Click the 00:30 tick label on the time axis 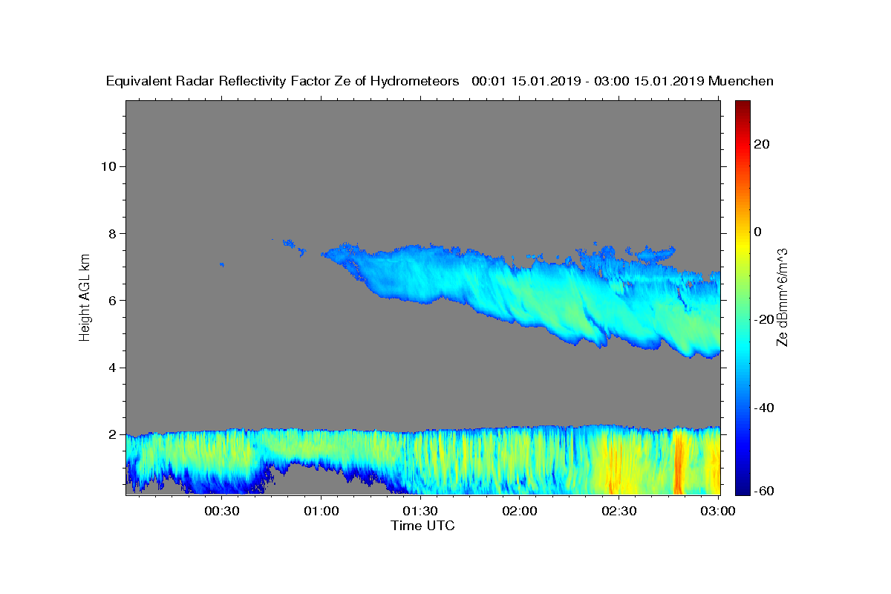point(221,511)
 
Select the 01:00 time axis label point(321,511)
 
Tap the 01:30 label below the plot point(420,511)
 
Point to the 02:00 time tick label point(520,511)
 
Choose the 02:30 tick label point(619,511)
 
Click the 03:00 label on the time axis point(718,511)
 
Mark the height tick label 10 point(108,166)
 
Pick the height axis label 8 point(112,234)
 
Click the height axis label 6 point(112,301)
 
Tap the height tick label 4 point(112,368)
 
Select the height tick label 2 point(112,434)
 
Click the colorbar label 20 point(762,144)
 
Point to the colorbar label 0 point(758,232)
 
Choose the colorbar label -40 point(764,408)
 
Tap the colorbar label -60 point(764,491)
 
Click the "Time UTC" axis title point(422,526)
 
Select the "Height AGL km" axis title point(85,298)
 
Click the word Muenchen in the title point(741,81)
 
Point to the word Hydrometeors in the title point(414,81)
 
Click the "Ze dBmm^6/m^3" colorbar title point(782,298)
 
